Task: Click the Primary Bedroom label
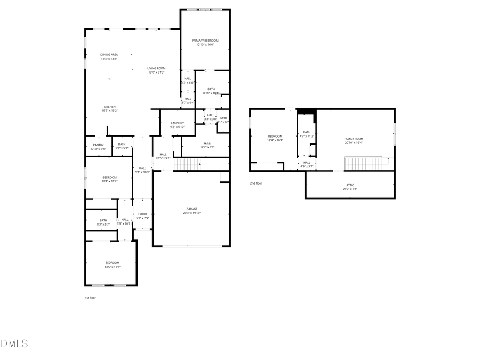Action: (205, 41)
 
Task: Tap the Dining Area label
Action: (109, 54)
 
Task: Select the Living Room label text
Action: (156, 68)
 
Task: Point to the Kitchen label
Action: (109, 107)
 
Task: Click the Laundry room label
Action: (177, 123)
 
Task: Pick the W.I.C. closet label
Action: (207, 143)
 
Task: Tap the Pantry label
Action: (98, 145)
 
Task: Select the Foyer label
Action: (142, 214)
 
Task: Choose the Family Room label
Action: (353, 139)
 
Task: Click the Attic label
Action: (350, 185)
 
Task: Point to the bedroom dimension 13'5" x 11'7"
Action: (112, 267)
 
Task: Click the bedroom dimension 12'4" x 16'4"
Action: (275, 140)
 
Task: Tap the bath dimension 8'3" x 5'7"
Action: (103, 224)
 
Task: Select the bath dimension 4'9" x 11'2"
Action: (307, 136)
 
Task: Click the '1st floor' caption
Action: (91, 298)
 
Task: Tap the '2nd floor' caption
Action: (256, 183)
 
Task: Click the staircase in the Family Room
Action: (364, 163)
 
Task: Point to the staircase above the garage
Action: (187, 164)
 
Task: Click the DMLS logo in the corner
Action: (14, 343)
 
